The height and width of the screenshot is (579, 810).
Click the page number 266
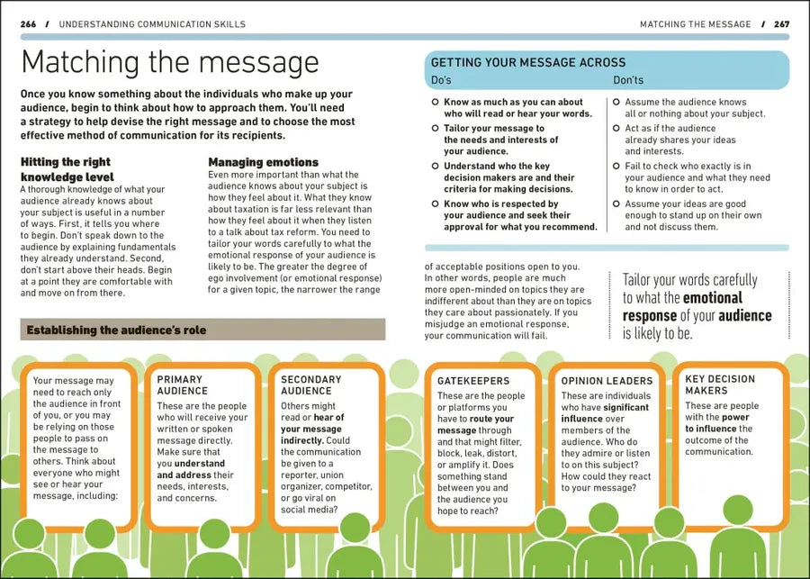[28, 23]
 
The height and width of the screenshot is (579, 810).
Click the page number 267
[781, 23]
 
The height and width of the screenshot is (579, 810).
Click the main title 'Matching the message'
[169, 63]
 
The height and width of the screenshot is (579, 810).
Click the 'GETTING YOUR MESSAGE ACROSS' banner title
[527, 63]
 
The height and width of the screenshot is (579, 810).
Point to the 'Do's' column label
[441, 80]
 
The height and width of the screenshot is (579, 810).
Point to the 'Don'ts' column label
[628, 80]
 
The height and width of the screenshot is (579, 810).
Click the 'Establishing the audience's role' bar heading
[116, 330]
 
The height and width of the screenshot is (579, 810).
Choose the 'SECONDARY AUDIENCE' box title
[310, 384]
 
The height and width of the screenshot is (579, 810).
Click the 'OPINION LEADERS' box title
[607, 381]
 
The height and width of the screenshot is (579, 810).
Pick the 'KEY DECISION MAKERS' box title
[720, 384]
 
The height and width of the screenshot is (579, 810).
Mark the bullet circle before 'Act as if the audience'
[616, 129]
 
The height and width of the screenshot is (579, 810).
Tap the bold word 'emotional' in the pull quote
[713, 297]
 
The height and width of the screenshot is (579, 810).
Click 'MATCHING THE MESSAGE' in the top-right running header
[695, 23]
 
